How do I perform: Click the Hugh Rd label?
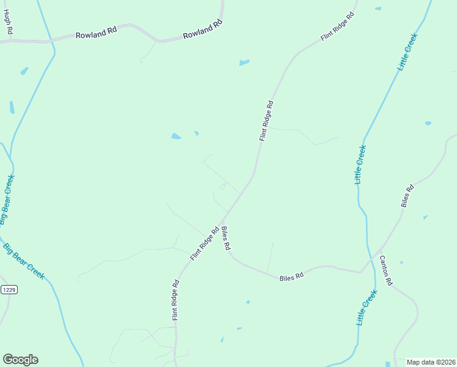click(x=8, y=22)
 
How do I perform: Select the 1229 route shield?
click(x=8, y=289)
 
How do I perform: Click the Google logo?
click(x=20, y=360)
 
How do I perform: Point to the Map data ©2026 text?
click(x=431, y=362)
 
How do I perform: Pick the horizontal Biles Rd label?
click(x=291, y=277)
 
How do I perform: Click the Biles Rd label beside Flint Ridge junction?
click(x=225, y=238)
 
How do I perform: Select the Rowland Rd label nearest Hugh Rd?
click(x=96, y=35)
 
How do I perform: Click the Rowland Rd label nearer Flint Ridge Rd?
click(x=203, y=31)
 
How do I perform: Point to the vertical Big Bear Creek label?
click(x=7, y=200)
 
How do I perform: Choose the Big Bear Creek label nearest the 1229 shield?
click(x=24, y=262)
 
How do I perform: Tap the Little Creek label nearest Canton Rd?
click(x=367, y=308)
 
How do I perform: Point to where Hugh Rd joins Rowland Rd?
click(x=10, y=41)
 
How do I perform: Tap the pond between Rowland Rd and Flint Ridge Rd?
click(x=244, y=62)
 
